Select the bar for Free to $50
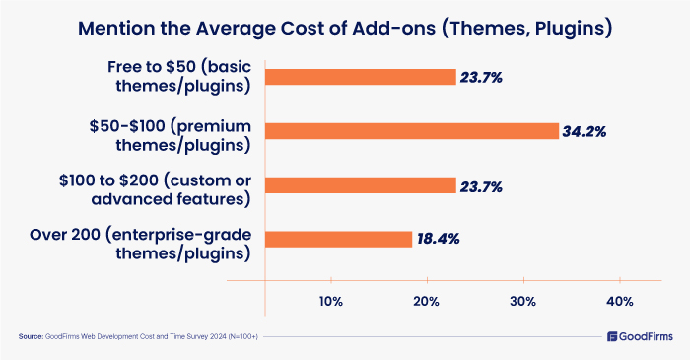point(361,77)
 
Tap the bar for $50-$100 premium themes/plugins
point(411,130)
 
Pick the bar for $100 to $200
point(361,184)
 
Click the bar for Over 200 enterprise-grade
point(338,239)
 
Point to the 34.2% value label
point(588,131)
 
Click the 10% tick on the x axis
point(330,301)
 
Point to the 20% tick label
point(427,301)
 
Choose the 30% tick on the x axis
point(522,301)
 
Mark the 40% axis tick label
point(619,301)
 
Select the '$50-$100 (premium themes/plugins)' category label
point(171,130)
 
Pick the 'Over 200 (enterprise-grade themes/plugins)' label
point(171,239)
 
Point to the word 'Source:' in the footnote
point(31,337)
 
